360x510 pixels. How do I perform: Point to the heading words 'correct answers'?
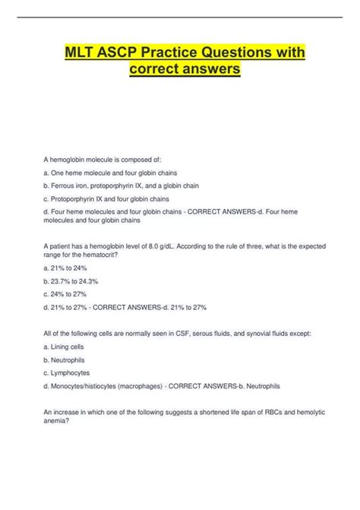(x=180, y=70)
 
